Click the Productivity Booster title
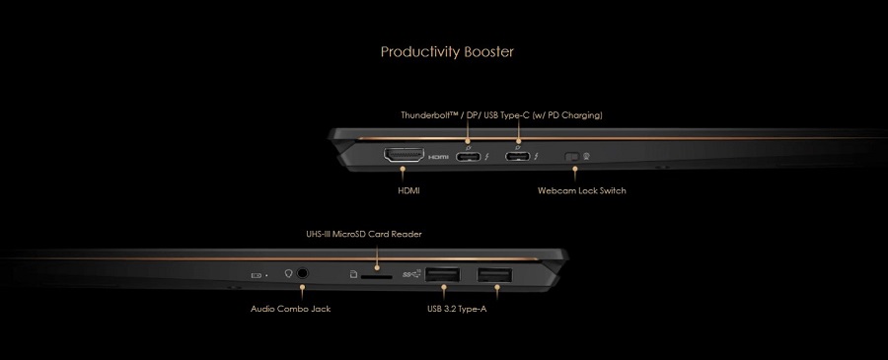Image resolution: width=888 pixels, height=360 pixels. (x=447, y=52)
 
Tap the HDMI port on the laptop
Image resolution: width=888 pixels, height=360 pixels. (x=404, y=155)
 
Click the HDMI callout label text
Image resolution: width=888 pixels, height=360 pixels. (x=408, y=190)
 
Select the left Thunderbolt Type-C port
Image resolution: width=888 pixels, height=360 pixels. (x=468, y=156)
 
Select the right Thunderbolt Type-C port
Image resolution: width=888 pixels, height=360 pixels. (x=518, y=156)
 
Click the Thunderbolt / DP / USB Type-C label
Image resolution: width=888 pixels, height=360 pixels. (x=501, y=115)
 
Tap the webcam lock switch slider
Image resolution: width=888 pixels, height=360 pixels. (x=574, y=156)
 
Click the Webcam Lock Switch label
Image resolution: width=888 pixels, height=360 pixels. (x=581, y=190)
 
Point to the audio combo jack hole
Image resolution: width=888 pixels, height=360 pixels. (x=303, y=273)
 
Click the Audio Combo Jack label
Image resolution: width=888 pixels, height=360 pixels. (x=290, y=309)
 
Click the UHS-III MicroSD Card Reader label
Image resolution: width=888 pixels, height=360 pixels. (x=363, y=234)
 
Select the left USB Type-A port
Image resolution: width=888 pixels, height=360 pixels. (x=442, y=275)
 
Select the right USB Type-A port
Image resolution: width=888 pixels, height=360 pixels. (x=495, y=275)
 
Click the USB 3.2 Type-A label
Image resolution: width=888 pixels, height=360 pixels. (x=457, y=309)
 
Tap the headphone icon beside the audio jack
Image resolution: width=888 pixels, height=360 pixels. (x=288, y=274)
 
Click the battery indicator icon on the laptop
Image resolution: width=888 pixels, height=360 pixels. (x=257, y=275)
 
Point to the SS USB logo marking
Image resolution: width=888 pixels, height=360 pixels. (x=411, y=274)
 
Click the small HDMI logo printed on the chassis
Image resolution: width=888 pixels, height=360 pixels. (x=439, y=157)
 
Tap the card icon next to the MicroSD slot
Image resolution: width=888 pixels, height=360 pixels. (x=353, y=274)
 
